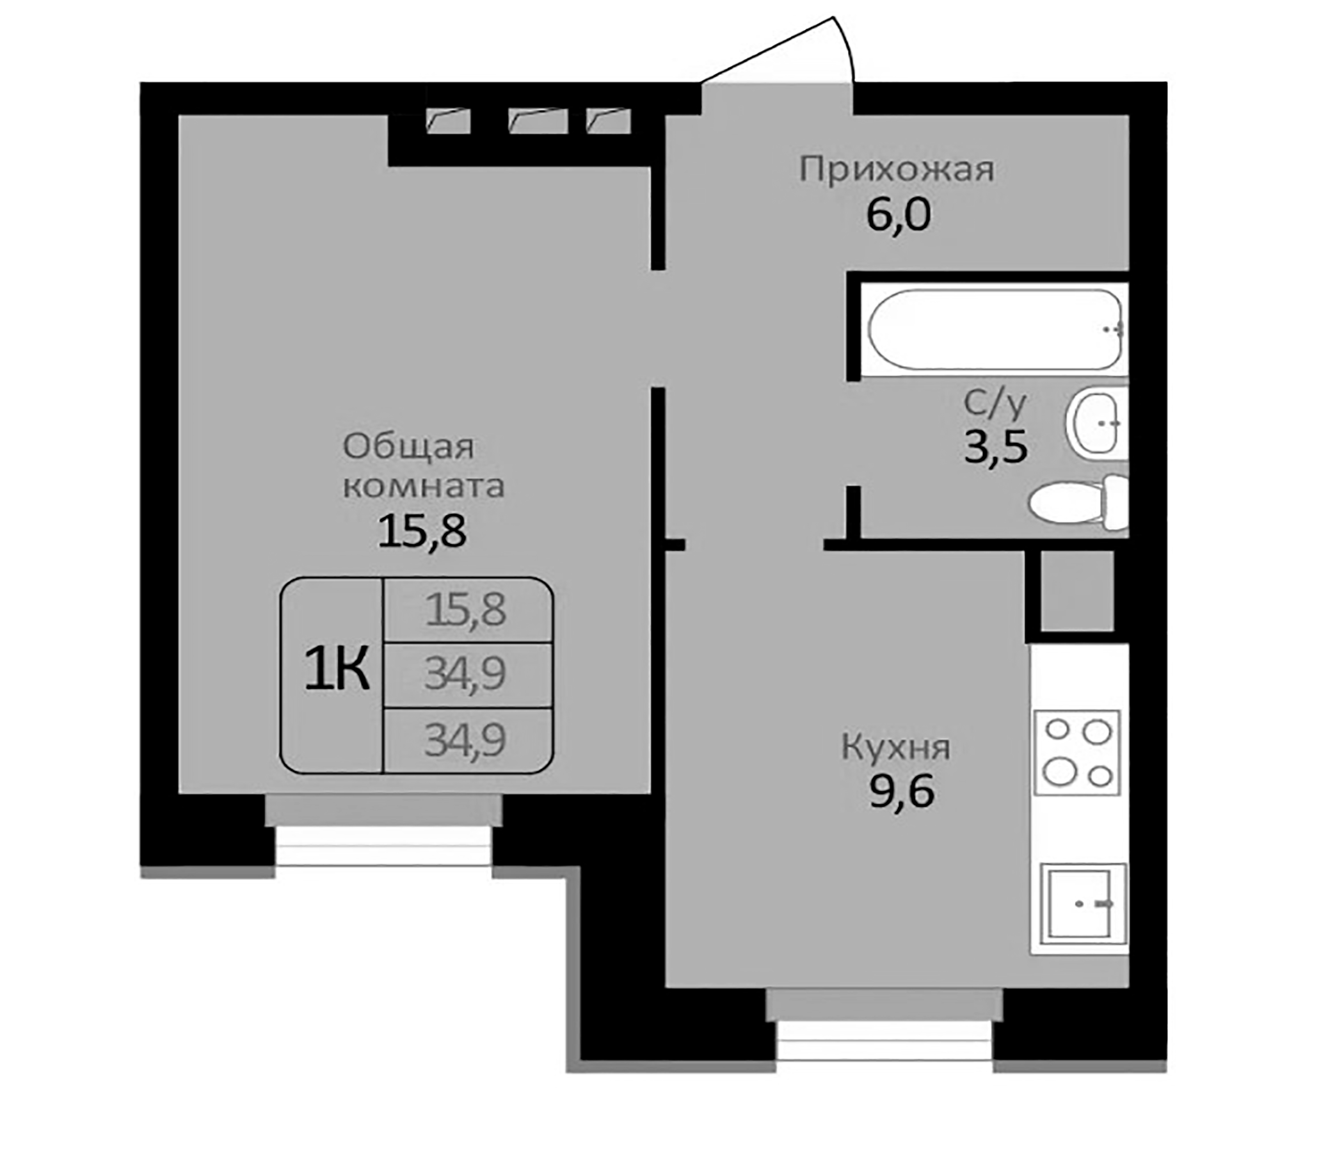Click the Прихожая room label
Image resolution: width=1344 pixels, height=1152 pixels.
pos(897,170)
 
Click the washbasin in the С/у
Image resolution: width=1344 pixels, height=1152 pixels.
pos(1097,422)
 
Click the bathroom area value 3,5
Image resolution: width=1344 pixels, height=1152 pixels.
pos(996,447)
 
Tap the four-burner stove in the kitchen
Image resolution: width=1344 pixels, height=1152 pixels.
pos(1077,753)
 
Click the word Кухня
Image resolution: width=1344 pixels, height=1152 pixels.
pos(896,748)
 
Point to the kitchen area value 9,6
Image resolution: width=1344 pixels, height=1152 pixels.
pos(902,792)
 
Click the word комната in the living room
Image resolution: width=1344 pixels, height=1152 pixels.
pos(423,486)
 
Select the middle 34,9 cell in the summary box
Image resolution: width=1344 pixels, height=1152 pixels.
pos(466,675)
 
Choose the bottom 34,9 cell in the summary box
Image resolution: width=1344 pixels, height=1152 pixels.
pos(466,740)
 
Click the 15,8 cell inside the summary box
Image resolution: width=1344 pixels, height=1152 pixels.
pos(466,611)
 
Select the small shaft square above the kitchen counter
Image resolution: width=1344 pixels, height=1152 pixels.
pos(1077,590)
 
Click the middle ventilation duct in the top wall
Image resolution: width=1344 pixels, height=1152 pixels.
pos(538,122)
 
